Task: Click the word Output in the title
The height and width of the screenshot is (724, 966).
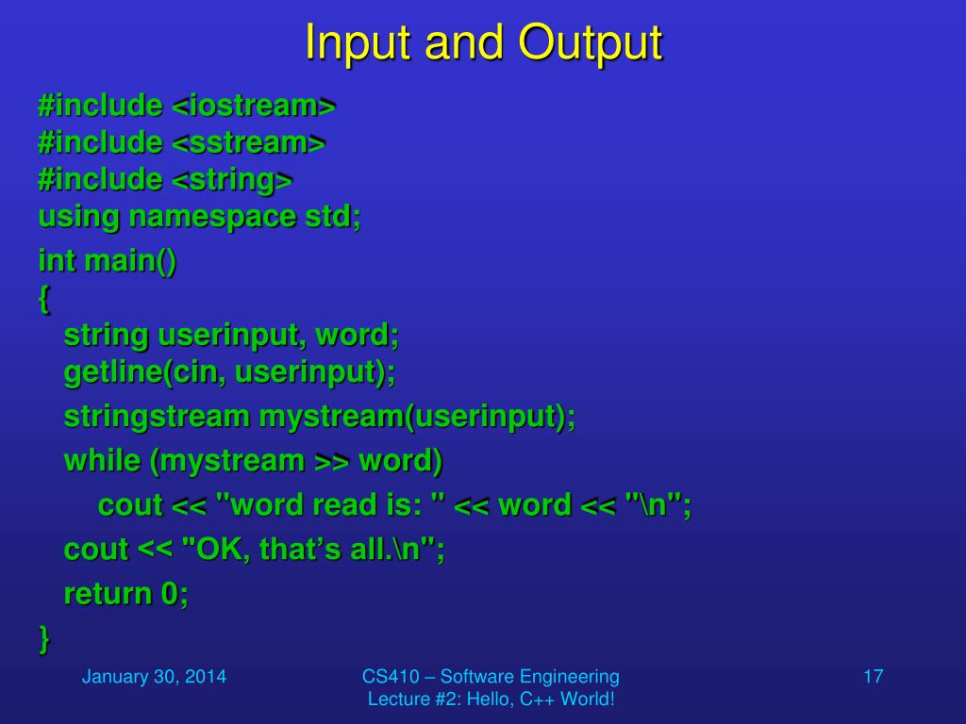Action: [590, 43]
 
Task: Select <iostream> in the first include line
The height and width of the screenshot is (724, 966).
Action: [254, 106]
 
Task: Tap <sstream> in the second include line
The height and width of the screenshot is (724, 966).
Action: [248, 142]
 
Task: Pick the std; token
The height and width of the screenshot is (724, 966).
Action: [332, 217]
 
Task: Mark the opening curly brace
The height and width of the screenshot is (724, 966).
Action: [44, 300]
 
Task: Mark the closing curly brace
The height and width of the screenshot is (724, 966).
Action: [44, 638]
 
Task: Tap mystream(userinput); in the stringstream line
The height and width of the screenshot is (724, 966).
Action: [417, 416]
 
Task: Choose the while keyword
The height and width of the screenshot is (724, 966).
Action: [102, 461]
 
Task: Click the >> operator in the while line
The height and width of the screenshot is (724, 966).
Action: [331, 461]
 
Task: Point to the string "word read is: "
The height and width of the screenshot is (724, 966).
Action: [331, 505]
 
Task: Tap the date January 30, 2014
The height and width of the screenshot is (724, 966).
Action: [154, 676]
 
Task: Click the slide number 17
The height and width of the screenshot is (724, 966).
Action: [873, 676]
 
